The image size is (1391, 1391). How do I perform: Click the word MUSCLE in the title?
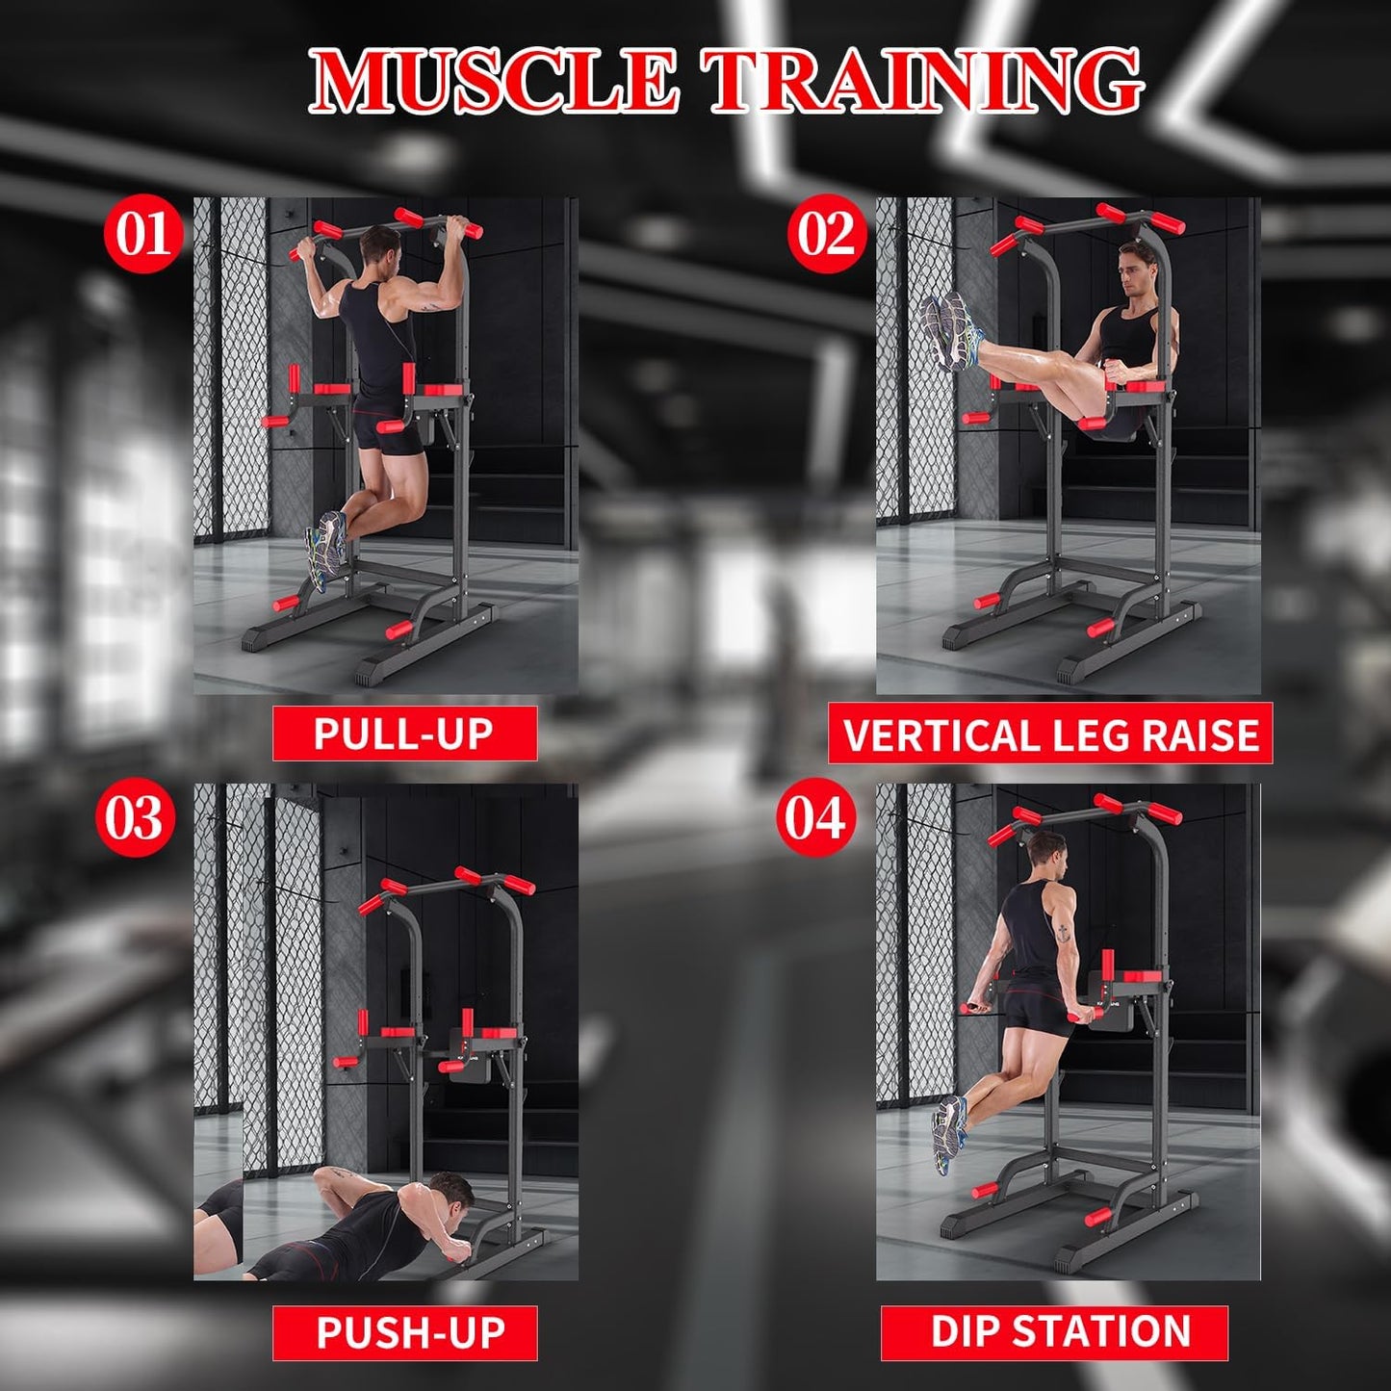494,81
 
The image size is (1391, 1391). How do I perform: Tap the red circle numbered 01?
143,235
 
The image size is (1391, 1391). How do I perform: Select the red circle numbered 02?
826,235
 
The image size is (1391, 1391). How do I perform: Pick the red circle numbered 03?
134,819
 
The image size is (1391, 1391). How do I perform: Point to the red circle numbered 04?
815,819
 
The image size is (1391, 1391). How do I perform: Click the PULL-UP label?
404,734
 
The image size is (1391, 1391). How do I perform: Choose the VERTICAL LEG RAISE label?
1050,734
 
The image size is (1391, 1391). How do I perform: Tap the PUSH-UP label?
404,1333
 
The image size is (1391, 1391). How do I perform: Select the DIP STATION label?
1055,1332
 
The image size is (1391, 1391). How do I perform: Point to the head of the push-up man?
450,1193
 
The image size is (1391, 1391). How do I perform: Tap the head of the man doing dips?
1045,853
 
